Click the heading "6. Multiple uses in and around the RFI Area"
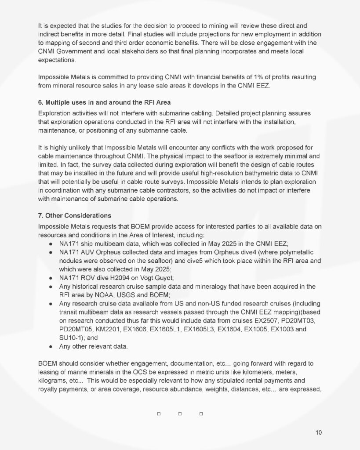104,103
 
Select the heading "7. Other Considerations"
75,215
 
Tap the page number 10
319,432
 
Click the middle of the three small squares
180,414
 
